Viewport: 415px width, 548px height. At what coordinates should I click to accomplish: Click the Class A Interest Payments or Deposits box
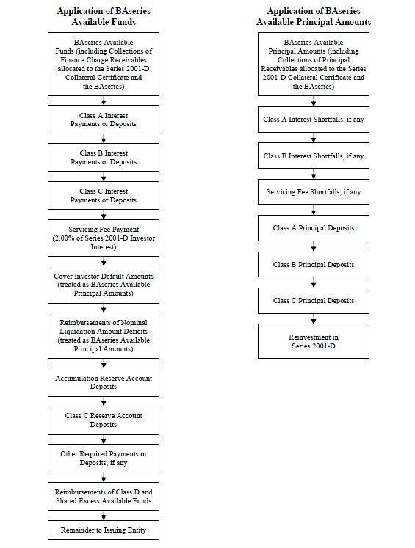coord(104,120)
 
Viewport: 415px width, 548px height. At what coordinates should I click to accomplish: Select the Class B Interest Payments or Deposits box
coord(104,157)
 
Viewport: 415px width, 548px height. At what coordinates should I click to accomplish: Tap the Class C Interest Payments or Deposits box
coord(104,195)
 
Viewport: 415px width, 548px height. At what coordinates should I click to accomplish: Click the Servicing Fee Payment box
coord(104,238)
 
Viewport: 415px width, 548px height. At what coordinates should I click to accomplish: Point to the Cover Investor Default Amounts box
coord(104,285)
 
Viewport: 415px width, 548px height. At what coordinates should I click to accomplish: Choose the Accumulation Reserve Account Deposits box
coord(104,382)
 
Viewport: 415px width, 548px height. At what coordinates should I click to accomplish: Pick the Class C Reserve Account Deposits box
coord(104,420)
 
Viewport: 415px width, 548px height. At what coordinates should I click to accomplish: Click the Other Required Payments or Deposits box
coord(104,459)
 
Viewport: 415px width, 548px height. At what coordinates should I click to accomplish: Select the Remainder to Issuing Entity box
coord(104,530)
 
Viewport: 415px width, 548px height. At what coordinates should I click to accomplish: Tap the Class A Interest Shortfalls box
coord(314,120)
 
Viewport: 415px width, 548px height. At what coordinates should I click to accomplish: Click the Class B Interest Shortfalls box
coord(314,156)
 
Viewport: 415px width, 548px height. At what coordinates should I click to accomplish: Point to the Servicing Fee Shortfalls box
coord(314,192)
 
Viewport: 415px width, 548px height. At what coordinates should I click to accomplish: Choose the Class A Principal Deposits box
coord(314,228)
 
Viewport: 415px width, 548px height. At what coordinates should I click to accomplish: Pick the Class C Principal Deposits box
coord(314,301)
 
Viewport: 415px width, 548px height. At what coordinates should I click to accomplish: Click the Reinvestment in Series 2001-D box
coord(314,341)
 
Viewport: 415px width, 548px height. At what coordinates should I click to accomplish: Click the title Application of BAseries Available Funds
coord(104,16)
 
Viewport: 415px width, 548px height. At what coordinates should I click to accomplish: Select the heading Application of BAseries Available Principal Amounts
coord(314,16)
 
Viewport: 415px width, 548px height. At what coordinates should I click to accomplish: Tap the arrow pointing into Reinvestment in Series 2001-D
coord(314,318)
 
